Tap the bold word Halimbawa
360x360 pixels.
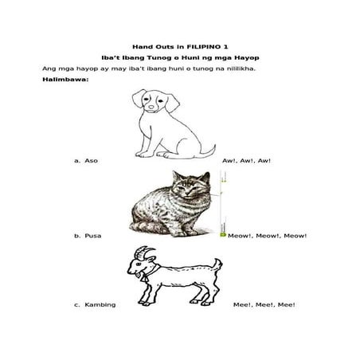(65, 80)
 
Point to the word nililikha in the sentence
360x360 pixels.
(241, 68)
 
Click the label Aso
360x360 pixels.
(91, 161)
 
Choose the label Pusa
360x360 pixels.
(93, 236)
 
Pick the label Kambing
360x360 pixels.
(100, 305)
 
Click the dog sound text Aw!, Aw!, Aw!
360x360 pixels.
(246, 161)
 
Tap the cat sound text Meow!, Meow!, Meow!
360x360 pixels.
(267, 236)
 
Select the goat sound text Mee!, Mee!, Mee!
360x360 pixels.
(264, 305)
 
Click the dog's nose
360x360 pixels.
(151, 107)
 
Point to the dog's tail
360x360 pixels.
(209, 152)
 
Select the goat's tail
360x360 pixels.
(218, 265)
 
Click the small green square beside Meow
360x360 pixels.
(223, 235)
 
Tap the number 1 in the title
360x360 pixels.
(225, 47)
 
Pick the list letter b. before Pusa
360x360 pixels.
(76, 236)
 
